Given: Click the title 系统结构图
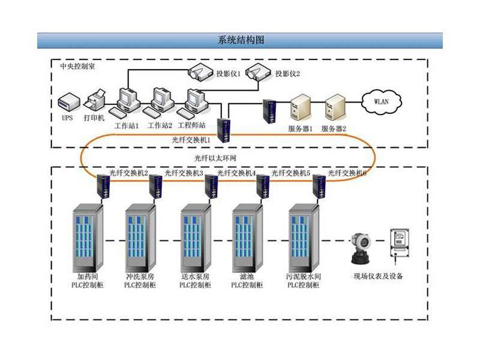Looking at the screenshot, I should point(240,41).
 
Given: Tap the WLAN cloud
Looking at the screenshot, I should point(381,101).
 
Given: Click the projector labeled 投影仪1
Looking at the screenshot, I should point(202,73).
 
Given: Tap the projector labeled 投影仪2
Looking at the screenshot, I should point(259,73).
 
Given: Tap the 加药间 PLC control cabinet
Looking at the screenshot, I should point(88,238).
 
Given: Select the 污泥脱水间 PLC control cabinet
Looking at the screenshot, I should point(304,238).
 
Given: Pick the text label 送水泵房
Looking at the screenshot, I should point(195,277).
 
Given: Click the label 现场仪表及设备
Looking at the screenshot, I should point(379,277).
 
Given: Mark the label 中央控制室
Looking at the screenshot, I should point(77,66).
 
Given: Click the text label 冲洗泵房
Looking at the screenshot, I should point(140,277).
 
